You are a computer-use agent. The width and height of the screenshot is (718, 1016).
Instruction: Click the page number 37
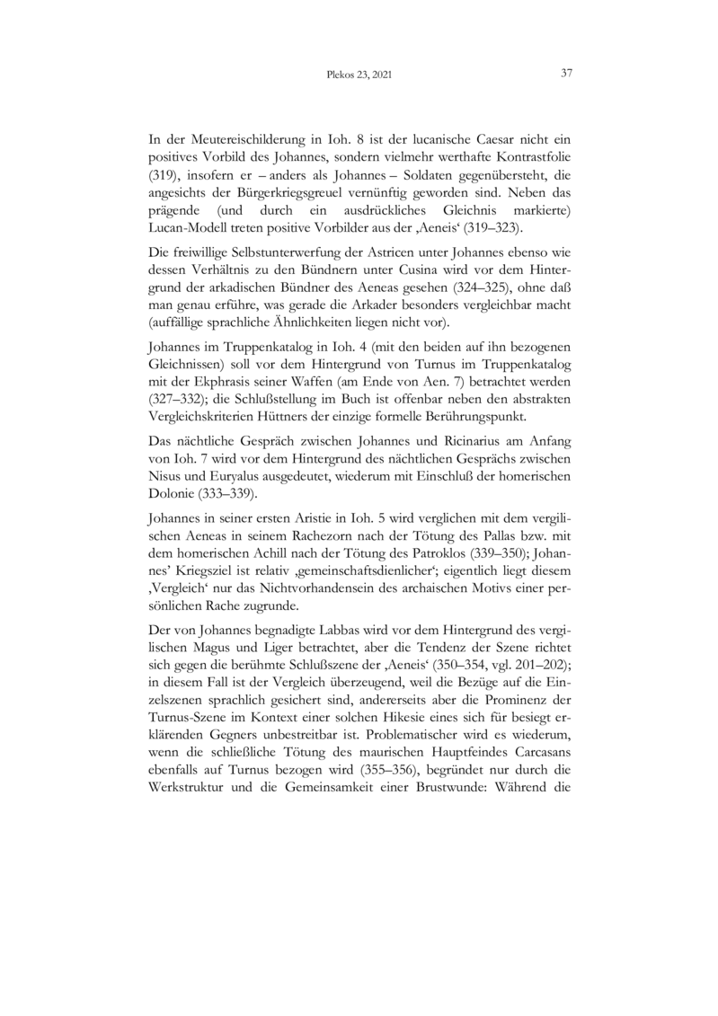566,74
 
